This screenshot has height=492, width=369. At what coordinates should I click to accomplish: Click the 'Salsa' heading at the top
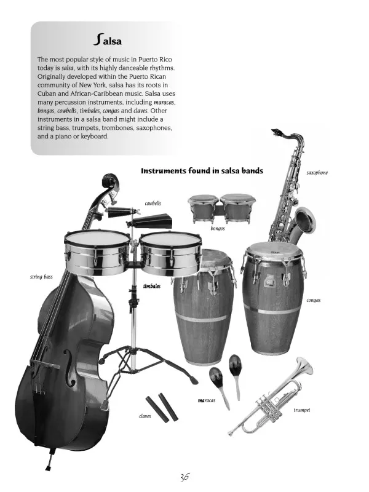107,40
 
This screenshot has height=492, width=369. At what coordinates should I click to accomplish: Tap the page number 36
184,477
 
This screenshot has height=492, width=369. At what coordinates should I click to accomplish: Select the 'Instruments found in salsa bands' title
202,171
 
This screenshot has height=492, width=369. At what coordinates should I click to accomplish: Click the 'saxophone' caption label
317,173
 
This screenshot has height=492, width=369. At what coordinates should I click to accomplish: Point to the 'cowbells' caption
153,204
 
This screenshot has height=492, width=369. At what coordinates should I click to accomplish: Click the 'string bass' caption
41,277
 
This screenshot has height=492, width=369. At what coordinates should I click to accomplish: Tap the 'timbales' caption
152,286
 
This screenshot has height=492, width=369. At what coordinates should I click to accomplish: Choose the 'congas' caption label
314,300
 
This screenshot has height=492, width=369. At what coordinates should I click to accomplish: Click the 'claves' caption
145,416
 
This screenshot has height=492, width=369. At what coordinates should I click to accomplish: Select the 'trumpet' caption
302,410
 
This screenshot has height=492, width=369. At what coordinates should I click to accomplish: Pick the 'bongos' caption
218,228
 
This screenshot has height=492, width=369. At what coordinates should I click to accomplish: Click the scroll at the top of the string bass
108,180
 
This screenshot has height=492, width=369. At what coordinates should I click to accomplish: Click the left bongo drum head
204,198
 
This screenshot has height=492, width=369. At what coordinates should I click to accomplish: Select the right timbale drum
170,253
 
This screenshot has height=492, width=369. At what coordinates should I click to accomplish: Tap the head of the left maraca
216,375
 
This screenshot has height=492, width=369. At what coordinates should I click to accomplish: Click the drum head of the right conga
274,250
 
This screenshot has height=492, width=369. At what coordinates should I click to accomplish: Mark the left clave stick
157,409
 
